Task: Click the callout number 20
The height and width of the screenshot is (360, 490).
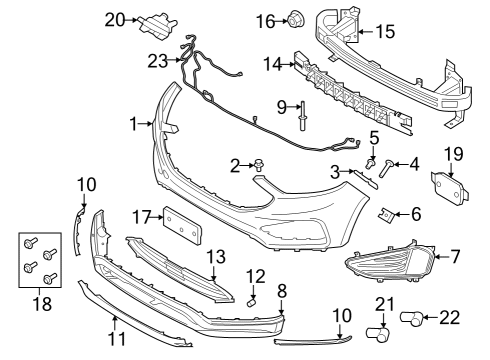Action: [x=115, y=19]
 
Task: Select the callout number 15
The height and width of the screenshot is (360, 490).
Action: [x=384, y=32]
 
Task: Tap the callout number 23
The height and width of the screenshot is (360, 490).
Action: [x=158, y=60]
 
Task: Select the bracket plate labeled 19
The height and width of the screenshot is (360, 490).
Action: [x=443, y=188]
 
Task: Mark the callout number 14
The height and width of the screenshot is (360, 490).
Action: [x=271, y=64]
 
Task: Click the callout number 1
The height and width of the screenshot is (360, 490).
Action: [x=134, y=124]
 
